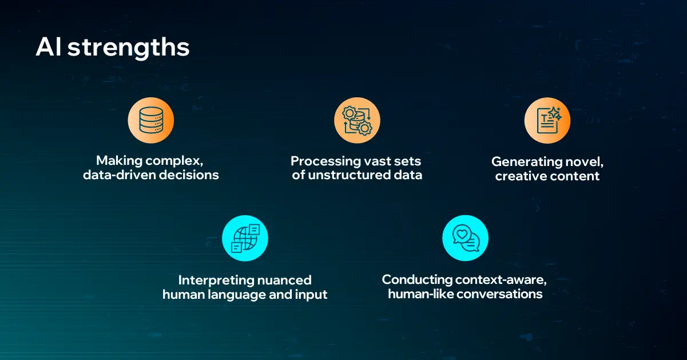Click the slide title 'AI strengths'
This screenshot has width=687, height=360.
point(112,48)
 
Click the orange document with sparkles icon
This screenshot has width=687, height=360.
point(547,120)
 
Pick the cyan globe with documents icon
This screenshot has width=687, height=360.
point(245,238)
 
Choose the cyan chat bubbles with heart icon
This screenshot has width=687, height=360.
point(466,238)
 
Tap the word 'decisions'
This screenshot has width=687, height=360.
point(189,175)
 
